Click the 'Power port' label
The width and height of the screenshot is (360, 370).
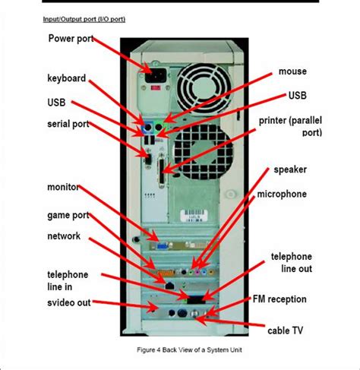click(x=75, y=38)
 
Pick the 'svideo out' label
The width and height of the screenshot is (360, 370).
click(x=68, y=302)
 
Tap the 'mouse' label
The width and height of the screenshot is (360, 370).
click(x=292, y=71)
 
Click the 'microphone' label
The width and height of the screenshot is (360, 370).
click(x=282, y=194)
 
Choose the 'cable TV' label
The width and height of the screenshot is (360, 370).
click(x=286, y=330)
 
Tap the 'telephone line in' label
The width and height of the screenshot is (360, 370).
click(x=68, y=280)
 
